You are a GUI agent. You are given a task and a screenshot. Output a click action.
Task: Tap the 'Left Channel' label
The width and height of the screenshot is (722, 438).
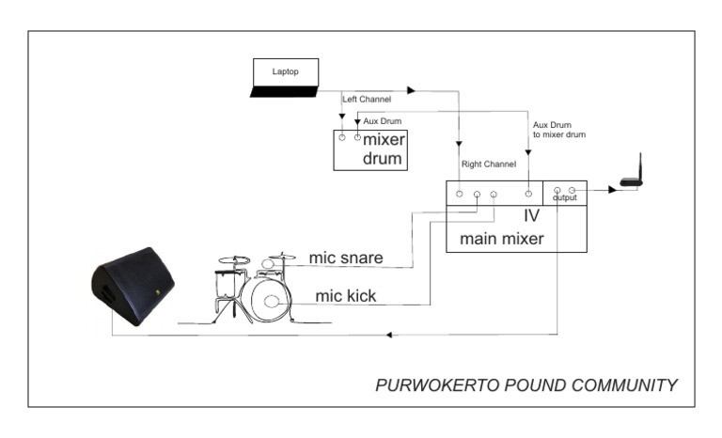coord(367,99)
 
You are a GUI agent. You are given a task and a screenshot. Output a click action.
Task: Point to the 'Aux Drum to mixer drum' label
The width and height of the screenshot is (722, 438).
coord(559,131)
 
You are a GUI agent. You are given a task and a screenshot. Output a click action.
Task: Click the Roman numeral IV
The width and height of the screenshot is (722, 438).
coord(532,215)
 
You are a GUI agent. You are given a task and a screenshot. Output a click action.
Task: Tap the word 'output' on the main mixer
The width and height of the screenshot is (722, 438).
coord(565,197)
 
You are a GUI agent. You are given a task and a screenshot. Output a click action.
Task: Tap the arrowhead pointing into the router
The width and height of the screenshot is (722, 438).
coord(612,191)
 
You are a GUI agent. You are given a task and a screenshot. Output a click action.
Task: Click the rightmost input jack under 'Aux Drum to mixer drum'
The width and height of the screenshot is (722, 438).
coord(529,194)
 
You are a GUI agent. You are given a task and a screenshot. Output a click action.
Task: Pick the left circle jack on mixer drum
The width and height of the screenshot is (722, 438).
coord(342,138)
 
